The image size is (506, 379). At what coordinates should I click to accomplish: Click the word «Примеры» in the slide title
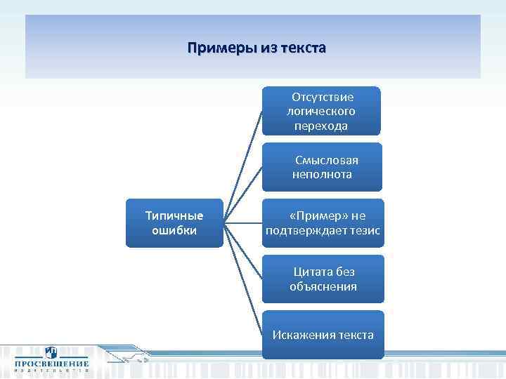pyautogui.click(x=215, y=48)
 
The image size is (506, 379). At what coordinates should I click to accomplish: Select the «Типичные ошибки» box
pyautogui.click(x=174, y=222)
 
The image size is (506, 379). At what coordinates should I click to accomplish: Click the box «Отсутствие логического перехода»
pyautogui.click(x=321, y=111)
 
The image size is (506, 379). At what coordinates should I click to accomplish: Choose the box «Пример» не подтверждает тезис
pyautogui.click(x=323, y=223)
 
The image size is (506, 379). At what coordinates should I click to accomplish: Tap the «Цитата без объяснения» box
pyautogui.click(x=323, y=279)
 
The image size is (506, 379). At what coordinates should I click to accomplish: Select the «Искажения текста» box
pyautogui.click(x=323, y=335)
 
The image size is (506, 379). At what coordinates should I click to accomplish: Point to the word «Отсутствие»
pyautogui.click(x=323, y=97)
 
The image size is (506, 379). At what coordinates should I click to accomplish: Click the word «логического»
pyautogui.click(x=321, y=111)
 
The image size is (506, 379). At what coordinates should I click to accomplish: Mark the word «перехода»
pyautogui.click(x=321, y=126)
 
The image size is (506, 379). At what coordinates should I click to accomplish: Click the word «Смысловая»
pyautogui.click(x=326, y=160)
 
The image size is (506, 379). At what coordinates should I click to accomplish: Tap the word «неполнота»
pyautogui.click(x=322, y=174)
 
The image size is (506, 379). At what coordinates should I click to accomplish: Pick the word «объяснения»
pyautogui.click(x=323, y=286)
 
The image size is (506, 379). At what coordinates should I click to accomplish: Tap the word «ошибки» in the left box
pyautogui.click(x=174, y=230)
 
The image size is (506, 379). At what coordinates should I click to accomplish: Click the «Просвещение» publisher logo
pyautogui.click(x=51, y=359)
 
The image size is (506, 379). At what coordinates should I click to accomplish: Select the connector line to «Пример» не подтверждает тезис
pyautogui.click(x=243, y=223)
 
